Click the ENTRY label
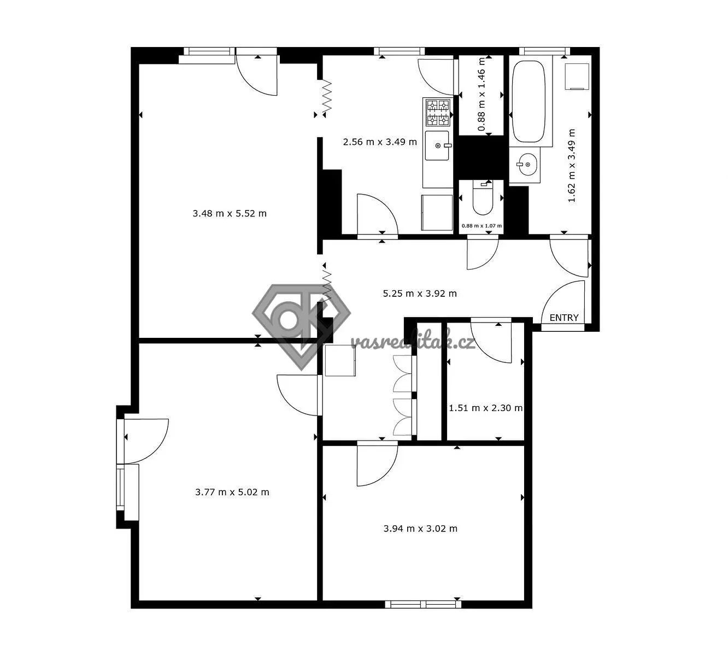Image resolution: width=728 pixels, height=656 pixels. tap(563, 318)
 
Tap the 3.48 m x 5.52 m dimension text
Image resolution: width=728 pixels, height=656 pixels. tap(230, 213)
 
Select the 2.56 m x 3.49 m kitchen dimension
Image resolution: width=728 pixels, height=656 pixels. tap(380, 142)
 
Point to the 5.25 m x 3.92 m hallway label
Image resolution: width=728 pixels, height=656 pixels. tap(420, 294)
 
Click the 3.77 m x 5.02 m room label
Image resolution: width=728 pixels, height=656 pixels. tap(232, 492)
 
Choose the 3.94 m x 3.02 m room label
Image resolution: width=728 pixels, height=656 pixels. tap(420, 529)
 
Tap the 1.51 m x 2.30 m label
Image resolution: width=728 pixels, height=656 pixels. tap(485, 408)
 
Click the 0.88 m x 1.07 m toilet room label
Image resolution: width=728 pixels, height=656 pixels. tap(482, 226)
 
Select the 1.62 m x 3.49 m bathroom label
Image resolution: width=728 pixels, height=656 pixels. tap(572, 165)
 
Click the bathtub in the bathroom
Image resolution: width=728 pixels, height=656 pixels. tap(528, 101)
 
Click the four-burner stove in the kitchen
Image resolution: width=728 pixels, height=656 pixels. tap(438, 112)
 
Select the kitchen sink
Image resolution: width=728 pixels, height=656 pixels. tap(437, 145)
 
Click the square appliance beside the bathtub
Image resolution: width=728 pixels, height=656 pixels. tap(577, 77)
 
